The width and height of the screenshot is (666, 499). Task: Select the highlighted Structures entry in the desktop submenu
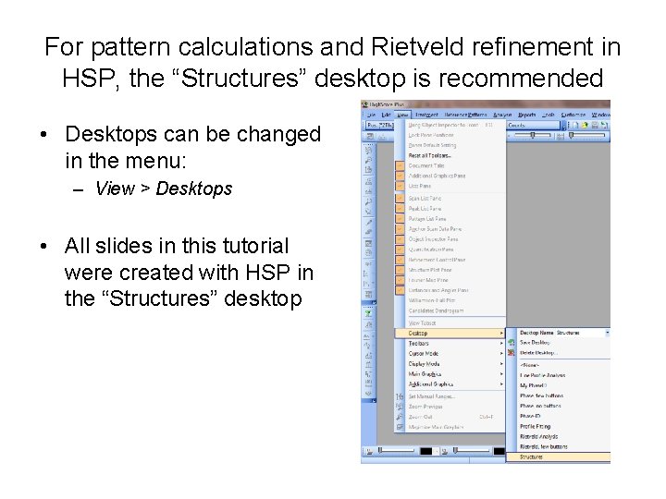click(x=531, y=456)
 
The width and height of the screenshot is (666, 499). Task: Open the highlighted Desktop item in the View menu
click(x=418, y=333)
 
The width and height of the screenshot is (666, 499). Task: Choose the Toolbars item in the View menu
click(x=419, y=343)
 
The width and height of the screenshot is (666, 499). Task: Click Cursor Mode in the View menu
click(x=424, y=353)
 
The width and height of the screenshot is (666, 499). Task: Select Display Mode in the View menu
click(x=424, y=364)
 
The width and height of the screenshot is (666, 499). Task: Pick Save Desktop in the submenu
click(x=535, y=343)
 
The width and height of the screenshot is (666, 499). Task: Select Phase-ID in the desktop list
click(x=529, y=416)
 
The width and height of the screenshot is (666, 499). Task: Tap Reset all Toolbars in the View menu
click(x=429, y=155)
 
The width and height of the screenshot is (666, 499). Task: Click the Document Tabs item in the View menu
click(x=426, y=166)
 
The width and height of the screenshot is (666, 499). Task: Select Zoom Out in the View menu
click(x=421, y=417)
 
